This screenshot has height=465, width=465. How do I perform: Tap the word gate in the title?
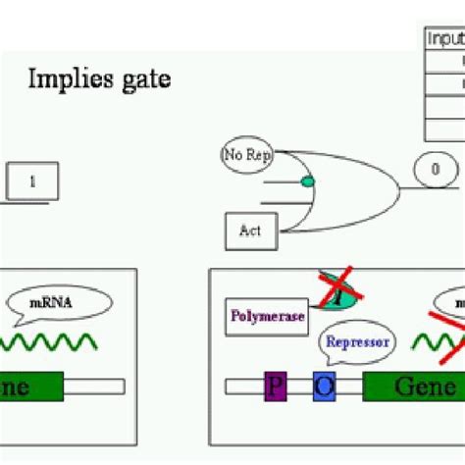[x=141, y=78]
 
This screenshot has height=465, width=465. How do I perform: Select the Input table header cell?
[x=444, y=37]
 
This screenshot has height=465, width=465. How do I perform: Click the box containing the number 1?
[x=33, y=181]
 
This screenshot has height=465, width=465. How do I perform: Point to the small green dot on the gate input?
[x=307, y=181]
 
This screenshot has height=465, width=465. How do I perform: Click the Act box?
[x=250, y=232]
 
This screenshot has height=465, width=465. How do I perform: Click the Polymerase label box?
[x=266, y=316]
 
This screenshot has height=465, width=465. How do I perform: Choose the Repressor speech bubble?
[x=357, y=342]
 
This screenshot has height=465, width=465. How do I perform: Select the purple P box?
[x=274, y=387]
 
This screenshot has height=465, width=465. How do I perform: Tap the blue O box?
[x=325, y=387]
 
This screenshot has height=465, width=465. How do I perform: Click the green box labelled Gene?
[x=413, y=387]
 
